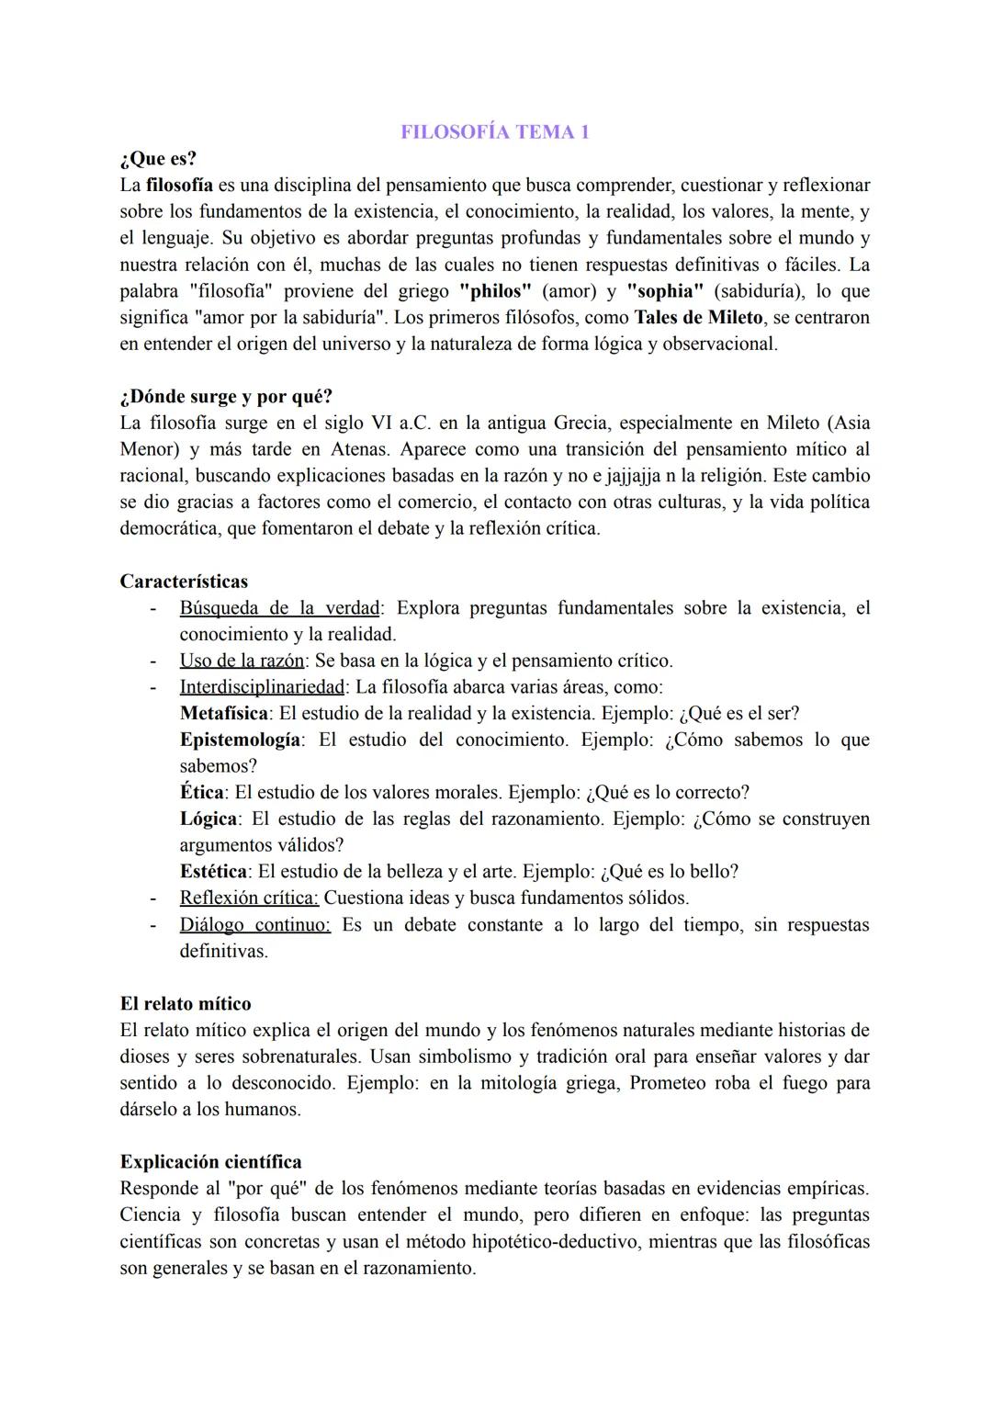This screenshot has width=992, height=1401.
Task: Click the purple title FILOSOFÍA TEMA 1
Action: [x=495, y=132]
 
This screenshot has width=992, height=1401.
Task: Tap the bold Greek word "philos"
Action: [x=495, y=291]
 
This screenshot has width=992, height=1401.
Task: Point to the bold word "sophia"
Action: [x=665, y=291]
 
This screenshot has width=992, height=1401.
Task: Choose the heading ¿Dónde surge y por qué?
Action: [x=226, y=397]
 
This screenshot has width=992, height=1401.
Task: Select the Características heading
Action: [x=184, y=582]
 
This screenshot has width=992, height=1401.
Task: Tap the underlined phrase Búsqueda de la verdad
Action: [x=279, y=608]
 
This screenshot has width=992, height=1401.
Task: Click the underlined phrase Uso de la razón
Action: [x=242, y=661]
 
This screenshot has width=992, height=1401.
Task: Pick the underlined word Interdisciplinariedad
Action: [x=262, y=687]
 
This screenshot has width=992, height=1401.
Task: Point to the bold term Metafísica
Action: [x=224, y=714]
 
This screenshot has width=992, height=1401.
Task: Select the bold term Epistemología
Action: [x=240, y=740]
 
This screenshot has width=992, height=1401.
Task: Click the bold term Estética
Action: [x=213, y=872]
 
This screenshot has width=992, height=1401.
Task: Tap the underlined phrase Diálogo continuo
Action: [x=254, y=925]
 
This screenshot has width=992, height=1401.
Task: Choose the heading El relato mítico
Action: [x=186, y=1004]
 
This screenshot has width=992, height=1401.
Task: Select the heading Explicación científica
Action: [x=210, y=1162]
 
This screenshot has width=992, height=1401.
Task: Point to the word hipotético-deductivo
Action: [x=559, y=1242]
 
